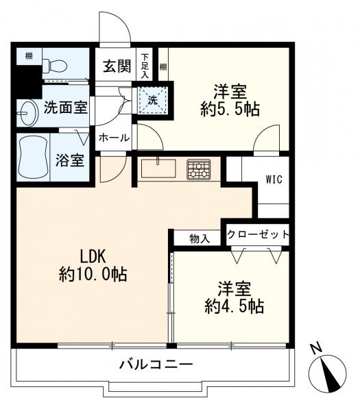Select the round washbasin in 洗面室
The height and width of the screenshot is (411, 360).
point(28,112)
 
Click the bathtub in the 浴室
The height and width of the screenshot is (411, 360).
point(32,156)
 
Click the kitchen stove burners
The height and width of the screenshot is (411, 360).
point(199,169)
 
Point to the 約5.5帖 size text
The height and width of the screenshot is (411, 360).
point(230,109)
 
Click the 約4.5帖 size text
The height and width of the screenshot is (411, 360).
point(232,306)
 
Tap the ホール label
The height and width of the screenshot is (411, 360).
point(114,138)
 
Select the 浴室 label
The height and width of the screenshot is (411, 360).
point(69,161)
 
